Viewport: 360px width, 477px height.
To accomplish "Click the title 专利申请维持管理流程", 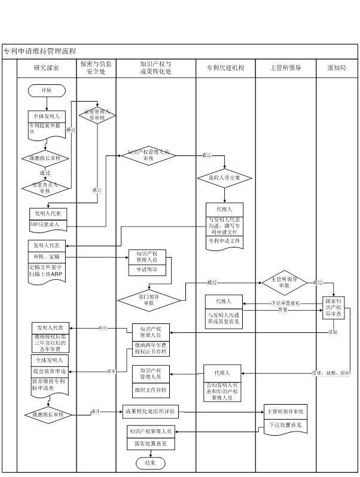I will (40, 51).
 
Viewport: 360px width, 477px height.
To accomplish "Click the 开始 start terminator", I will (46, 90).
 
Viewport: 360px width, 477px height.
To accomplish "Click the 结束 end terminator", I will (145, 463).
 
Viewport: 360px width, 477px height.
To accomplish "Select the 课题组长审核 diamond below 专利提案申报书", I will (45, 158).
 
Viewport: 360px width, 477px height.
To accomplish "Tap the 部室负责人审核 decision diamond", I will (45, 188).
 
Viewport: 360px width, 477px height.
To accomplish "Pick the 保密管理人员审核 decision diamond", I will (96, 114).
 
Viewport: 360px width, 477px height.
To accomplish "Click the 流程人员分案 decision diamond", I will (225, 178).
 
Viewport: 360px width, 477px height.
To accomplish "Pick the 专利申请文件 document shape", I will (224, 240).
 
